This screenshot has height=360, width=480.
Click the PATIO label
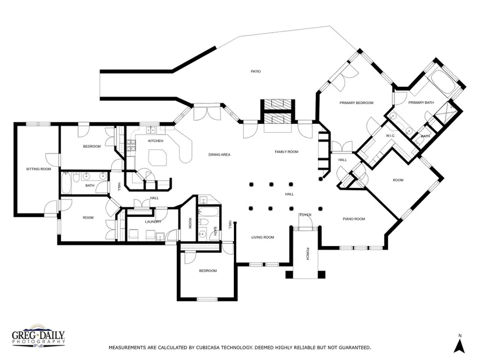[x=255, y=72]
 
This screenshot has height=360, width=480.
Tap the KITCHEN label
[x=155, y=141]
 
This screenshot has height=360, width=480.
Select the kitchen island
[x=158, y=157]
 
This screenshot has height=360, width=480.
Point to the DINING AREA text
[x=219, y=155]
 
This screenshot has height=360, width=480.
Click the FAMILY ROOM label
[x=286, y=152]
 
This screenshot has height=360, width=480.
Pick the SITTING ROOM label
[x=38, y=169]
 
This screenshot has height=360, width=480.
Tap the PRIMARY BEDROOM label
[x=356, y=103]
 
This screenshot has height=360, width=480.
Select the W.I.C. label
[x=390, y=136]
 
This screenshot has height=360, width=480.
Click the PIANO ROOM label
[x=354, y=219]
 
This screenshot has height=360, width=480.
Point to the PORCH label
[x=307, y=254]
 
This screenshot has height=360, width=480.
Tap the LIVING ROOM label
[x=262, y=237]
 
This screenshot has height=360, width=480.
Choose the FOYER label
[x=305, y=215]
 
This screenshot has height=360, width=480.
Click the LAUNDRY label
[x=153, y=222]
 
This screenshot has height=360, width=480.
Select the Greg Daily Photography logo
[x=38, y=336]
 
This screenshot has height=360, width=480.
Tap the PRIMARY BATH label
[x=421, y=102]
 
